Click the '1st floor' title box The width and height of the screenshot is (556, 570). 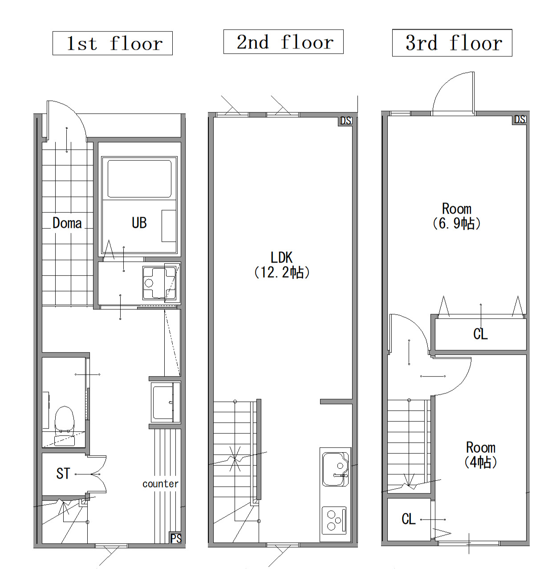coord(112,43)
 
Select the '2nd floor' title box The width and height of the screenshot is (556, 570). coord(283,42)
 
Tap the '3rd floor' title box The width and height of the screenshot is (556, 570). coord(452,43)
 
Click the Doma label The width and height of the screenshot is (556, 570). coord(67,223)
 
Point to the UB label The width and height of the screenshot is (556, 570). coord(139,223)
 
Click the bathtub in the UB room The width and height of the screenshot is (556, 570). coord(139,178)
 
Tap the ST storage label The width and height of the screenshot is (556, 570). coord(63,474)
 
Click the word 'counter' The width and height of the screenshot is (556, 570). coord(160,484)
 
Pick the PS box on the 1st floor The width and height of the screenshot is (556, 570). coord(176,538)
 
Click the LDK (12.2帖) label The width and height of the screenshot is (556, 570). coord(281,265)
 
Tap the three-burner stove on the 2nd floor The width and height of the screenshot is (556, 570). coord(334,521)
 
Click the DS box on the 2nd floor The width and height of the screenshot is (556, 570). coord(346,120)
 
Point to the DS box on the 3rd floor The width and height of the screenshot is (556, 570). coord(519,120)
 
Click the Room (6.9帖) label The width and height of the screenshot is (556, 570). coord(457,216)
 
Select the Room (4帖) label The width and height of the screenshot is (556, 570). coord(480,455)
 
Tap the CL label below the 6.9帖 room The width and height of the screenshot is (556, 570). coord(480,333)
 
